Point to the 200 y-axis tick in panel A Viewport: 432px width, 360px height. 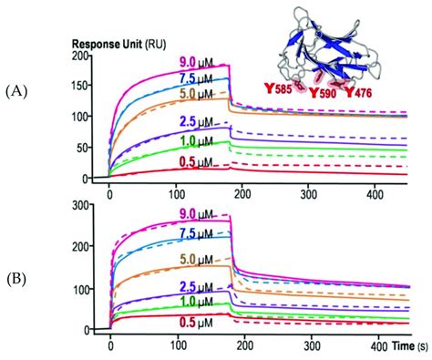pos(87,57)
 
